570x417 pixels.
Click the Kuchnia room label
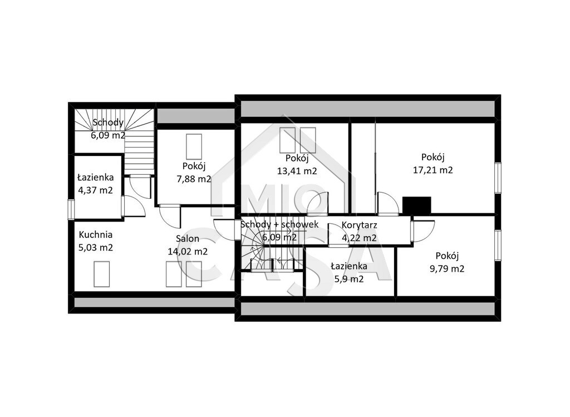[x=96, y=235]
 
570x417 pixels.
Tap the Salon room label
[x=188, y=239]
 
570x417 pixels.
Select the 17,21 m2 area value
[x=433, y=170]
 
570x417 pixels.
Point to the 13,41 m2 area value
[x=297, y=171]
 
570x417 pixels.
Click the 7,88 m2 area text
[x=194, y=179]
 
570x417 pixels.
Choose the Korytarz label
[x=359, y=225]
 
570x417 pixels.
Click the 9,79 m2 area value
[x=447, y=269]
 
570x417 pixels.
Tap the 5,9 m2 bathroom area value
[x=349, y=279]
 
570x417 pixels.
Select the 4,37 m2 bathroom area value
[x=96, y=190]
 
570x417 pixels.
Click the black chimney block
[x=416, y=205]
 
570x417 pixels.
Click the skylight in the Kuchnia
[x=101, y=274]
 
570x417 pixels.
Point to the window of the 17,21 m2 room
[x=498, y=178]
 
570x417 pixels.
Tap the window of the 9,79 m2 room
[x=498, y=245]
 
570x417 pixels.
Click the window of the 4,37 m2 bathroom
[x=72, y=210]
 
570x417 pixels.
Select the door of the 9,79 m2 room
[x=422, y=231]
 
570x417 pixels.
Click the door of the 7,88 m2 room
[x=170, y=217]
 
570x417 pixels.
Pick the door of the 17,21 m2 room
[x=387, y=203]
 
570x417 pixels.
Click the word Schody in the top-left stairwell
[x=108, y=122]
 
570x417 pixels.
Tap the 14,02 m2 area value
[x=188, y=252]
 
